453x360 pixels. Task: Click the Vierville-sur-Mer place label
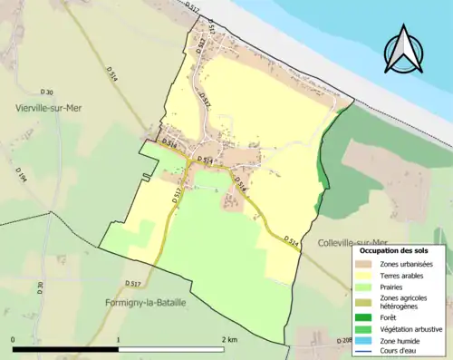[52, 107]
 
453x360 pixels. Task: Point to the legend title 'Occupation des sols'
[399, 251]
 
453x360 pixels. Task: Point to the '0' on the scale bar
[14, 340]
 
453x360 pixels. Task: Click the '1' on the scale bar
[118, 340]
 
